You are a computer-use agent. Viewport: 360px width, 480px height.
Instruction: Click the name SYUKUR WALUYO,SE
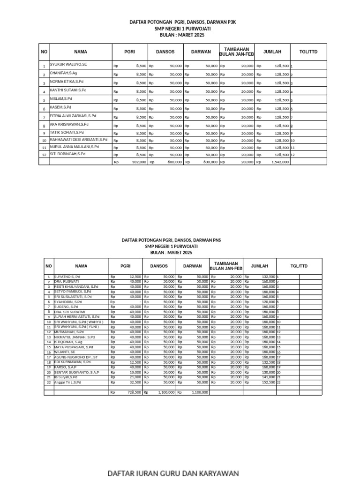click(68, 64)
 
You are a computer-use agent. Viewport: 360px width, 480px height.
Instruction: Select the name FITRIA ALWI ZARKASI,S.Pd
click(73, 115)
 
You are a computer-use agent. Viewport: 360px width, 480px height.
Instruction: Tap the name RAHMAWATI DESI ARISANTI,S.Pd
click(78, 139)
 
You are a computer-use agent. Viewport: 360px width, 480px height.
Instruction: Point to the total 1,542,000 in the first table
click(280, 162)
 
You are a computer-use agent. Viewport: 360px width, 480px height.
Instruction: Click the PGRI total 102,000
click(139, 162)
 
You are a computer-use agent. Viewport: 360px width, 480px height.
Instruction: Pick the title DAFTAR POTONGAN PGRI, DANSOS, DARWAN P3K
click(182, 22)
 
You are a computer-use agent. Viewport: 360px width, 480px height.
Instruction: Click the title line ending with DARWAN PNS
click(171, 240)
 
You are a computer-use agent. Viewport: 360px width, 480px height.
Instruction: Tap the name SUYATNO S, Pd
click(67, 277)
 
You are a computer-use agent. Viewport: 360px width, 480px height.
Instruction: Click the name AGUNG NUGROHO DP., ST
click(76, 357)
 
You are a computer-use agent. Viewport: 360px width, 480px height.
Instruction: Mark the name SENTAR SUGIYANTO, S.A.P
click(76, 372)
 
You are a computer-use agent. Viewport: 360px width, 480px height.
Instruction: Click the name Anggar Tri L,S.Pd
click(67, 382)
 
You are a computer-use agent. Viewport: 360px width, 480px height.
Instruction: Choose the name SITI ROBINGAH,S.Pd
click(67, 154)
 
